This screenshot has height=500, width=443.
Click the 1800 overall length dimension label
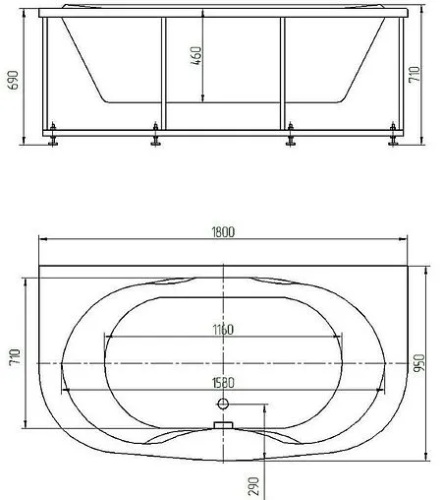point(223,232)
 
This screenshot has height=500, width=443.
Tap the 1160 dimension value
point(223,330)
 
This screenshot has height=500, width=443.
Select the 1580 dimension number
point(223,383)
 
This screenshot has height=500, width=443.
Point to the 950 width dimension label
point(418,363)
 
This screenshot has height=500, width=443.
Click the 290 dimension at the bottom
point(253,486)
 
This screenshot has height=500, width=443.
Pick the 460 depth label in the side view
point(196,55)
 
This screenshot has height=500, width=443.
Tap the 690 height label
point(13,80)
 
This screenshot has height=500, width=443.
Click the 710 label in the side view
point(415,75)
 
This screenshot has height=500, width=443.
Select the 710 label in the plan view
point(15,356)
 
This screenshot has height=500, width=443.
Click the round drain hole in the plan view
point(223,404)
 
